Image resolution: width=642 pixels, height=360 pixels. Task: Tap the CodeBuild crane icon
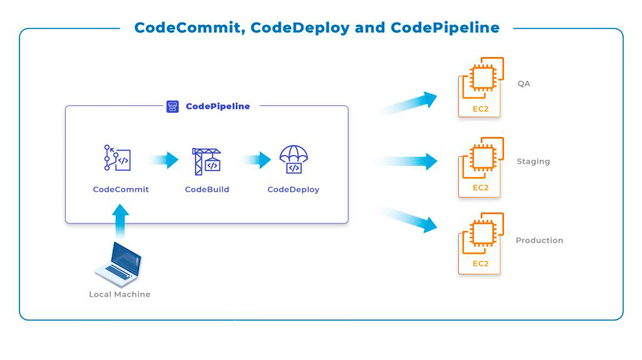click(x=207, y=161)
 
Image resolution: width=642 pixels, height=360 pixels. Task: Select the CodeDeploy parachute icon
click(x=293, y=159)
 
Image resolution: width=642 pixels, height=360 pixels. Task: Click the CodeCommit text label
click(x=121, y=189)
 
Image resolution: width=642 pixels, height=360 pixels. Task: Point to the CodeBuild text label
click(x=207, y=189)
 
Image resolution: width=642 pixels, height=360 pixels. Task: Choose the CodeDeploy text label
click(x=293, y=189)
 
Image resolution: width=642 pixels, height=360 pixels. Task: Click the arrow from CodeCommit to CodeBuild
click(x=164, y=160)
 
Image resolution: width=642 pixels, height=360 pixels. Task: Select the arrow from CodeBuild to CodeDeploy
click(x=256, y=160)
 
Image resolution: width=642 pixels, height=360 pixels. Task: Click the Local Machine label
click(x=120, y=294)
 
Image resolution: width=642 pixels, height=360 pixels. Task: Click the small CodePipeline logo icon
click(x=172, y=107)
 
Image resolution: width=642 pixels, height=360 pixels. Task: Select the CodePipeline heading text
click(x=218, y=107)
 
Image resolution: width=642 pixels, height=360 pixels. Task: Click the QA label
click(x=524, y=83)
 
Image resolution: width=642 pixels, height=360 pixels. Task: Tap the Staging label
click(x=533, y=161)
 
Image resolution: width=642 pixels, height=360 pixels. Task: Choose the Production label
click(x=539, y=240)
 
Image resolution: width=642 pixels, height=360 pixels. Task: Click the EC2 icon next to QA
click(x=481, y=87)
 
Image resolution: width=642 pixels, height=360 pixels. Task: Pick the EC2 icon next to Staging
click(x=481, y=166)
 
